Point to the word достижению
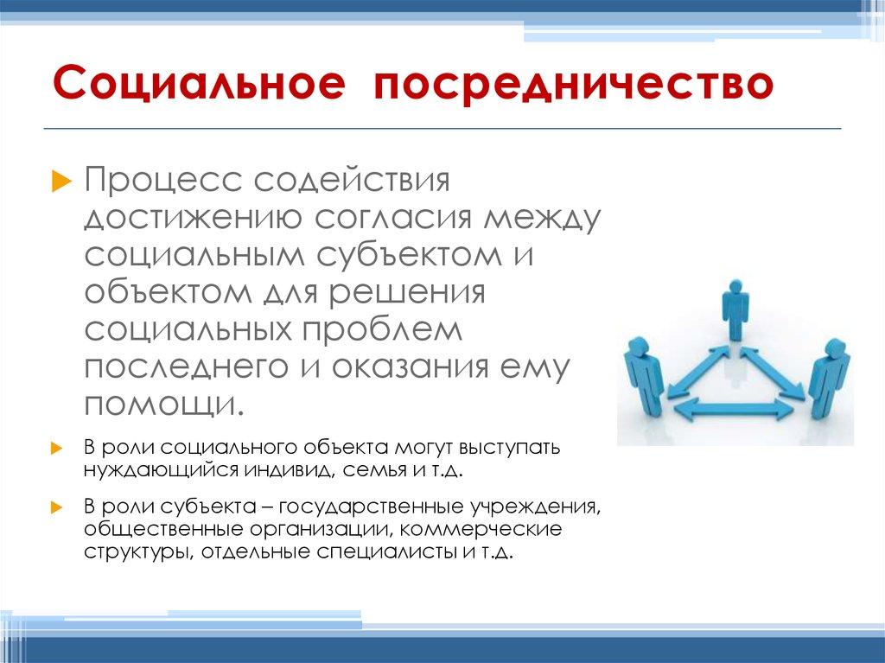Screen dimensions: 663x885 [193, 220]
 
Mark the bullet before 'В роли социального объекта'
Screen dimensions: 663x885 [57, 449]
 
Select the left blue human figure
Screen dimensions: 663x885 [642, 372]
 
